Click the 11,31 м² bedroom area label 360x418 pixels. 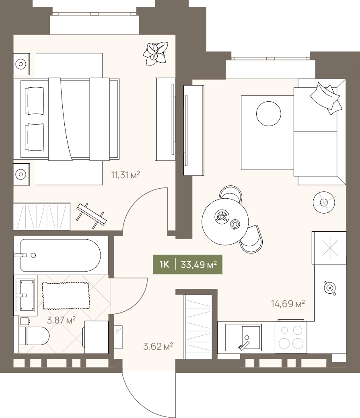pos(125,175)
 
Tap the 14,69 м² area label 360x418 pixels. pos(288,303)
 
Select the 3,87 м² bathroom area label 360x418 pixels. pos(61,320)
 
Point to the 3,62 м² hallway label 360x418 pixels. pos(158,346)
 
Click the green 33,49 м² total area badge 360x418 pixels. pos(187,264)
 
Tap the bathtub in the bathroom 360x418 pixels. pos(61,255)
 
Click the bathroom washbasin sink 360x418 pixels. pos(25,295)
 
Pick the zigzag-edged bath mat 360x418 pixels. pos(66,296)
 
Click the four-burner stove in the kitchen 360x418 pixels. pos(291,337)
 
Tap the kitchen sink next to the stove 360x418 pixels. pos(243,338)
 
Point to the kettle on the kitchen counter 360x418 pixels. pos(330,288)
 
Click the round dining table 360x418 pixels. pos(225,221)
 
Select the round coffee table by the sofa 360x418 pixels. pos(269,113)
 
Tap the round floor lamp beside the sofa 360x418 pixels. pos(324,202)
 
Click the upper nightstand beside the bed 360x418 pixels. pos(21,64)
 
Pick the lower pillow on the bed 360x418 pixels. pos(34,137)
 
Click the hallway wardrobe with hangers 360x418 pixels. pos(198,327)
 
